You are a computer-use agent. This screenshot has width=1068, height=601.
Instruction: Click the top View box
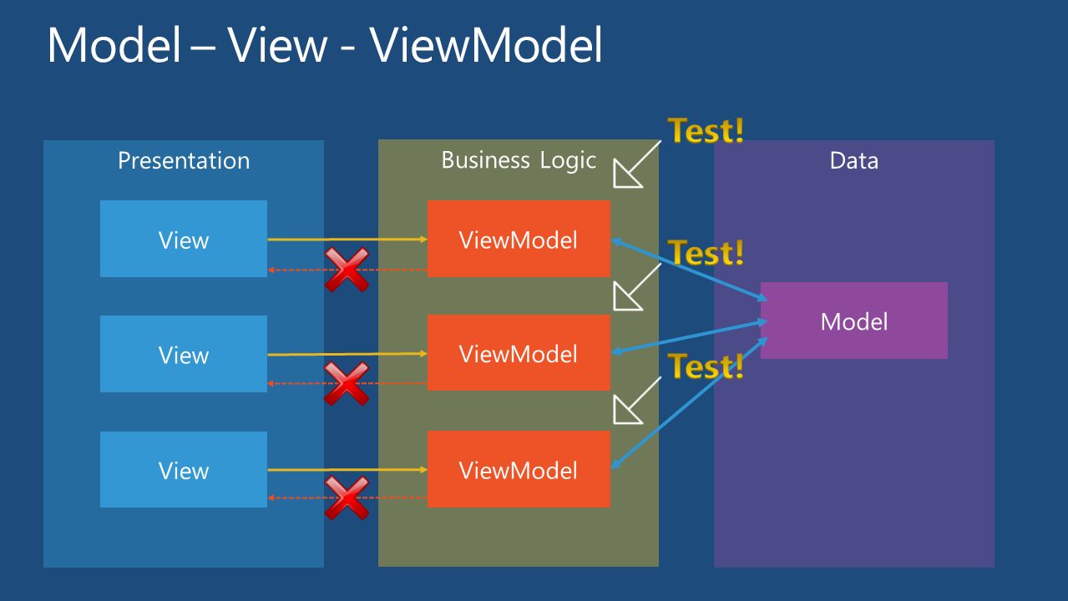tap(184, 239)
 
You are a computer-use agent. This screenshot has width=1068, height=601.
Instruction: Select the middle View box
tap(184, 354)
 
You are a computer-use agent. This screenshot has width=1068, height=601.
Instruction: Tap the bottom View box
tap(184, 469)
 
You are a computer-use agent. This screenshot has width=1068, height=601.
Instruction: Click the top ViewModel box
tap(519, 239)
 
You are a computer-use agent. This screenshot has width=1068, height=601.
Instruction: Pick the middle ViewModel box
tap(519, 353)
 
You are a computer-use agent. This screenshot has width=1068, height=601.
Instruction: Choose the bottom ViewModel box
tap(519, 469)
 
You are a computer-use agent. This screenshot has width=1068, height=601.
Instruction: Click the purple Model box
tap(854, 321)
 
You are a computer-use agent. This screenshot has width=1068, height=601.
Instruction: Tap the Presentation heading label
tap(184, 160)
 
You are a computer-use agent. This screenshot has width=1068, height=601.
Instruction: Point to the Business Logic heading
tap(519, 160)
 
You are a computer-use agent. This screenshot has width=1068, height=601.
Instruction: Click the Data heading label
tap(854, 160)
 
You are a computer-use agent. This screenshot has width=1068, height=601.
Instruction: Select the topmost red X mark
tap(347, 270)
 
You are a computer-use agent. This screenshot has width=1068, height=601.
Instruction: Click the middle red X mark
tap(347, 384)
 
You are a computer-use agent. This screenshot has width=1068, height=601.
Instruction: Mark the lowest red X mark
tap(347, 498)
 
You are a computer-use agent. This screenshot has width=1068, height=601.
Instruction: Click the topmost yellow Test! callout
tap(706, 130)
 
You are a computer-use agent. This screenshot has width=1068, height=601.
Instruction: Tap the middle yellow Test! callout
tap(706, 252)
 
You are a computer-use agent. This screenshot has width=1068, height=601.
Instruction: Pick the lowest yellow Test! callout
tap(706, 366)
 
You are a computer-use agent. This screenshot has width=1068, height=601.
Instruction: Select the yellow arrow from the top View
tap(347, 240)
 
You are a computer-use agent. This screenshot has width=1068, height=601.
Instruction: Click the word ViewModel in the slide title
tap(486, 45)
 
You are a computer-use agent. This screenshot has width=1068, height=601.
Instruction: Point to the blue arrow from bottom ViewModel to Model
tap(690, 402)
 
